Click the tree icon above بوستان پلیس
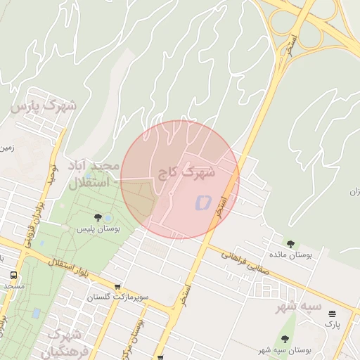[98, 217]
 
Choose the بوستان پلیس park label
[98, 229]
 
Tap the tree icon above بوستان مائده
[291, 244]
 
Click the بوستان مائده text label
[292, 255]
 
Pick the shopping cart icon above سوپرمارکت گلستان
[117, 287]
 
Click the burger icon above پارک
[332, 314]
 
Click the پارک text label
[332, 325]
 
